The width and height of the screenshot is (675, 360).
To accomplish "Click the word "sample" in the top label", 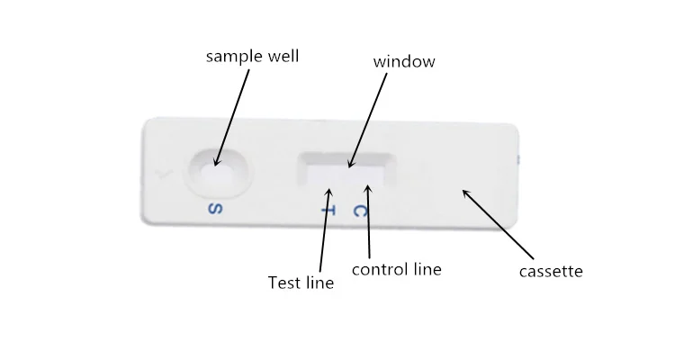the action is pos(234,57).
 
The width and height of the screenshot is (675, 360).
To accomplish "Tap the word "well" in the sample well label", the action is pos(283,56).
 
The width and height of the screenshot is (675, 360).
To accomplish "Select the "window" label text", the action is pos(404,62).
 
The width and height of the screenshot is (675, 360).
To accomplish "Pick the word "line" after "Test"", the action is pos(319,283).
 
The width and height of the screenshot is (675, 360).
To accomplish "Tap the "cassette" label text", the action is pos(552,271).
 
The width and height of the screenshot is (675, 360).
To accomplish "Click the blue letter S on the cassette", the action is pos(214,210).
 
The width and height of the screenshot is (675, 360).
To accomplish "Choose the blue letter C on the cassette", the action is pos(360,211).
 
